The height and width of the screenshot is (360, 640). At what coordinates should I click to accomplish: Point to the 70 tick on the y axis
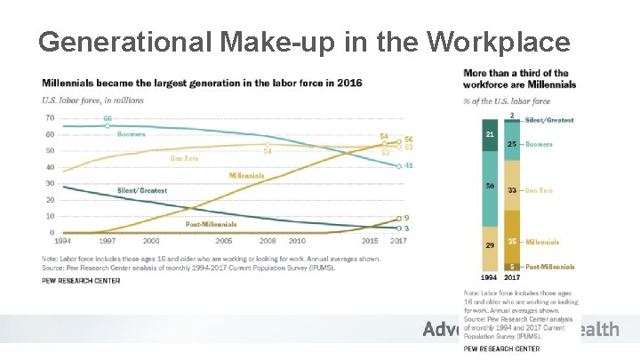pos(49,118)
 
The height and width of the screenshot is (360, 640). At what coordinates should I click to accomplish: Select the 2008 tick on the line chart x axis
pos(266,241)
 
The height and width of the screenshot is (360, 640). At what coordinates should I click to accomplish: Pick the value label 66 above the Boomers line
pos(108,118)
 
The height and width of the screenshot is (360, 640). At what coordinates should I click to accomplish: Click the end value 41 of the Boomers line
pos(409,165)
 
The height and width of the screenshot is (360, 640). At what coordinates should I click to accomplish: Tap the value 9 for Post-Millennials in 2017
pos(406,218)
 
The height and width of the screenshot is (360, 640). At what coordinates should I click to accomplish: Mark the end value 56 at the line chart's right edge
pos(409,139)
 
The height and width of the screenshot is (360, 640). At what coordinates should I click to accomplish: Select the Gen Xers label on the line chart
pos(184,158)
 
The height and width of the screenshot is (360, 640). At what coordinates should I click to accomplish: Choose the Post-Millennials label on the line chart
pos(211,224)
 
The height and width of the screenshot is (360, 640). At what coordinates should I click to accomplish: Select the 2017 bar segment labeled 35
pos(512,241)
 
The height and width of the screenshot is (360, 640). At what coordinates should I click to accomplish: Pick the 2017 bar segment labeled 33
pos(512,189)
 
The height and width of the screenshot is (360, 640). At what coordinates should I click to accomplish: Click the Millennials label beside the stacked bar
pos(542,241)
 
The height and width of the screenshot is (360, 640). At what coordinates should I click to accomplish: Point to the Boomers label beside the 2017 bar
pos(539,144)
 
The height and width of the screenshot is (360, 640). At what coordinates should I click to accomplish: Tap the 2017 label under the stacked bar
pos(513,277)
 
